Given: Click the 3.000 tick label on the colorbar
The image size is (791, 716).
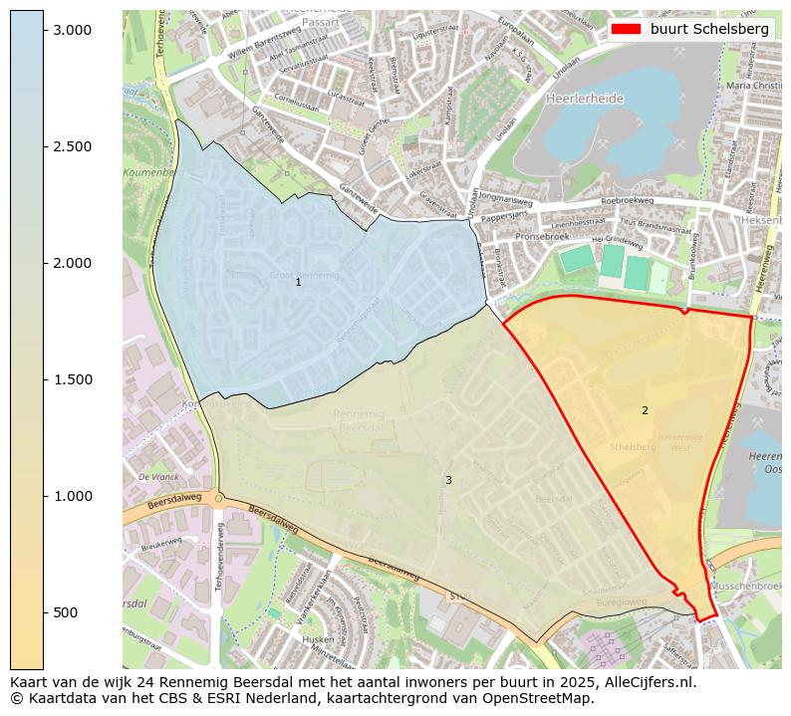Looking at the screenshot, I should pos(72,30).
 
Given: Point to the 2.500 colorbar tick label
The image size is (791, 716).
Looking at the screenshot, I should pos(72,146).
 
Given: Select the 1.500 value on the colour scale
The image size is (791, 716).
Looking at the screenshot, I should pos(72,379).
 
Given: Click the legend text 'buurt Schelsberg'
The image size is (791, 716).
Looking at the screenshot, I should pos(708,29).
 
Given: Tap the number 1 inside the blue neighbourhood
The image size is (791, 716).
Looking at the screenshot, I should pos(298,283).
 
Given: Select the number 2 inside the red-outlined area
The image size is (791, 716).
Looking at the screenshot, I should pos(645,410).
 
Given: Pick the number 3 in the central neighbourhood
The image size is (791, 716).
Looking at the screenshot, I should pos(448,480).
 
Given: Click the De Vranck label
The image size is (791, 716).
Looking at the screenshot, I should pos(157,477).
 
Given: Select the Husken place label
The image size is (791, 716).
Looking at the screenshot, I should pos(317,639).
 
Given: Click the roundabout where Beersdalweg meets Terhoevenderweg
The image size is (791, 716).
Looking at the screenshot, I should pos(218,499).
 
